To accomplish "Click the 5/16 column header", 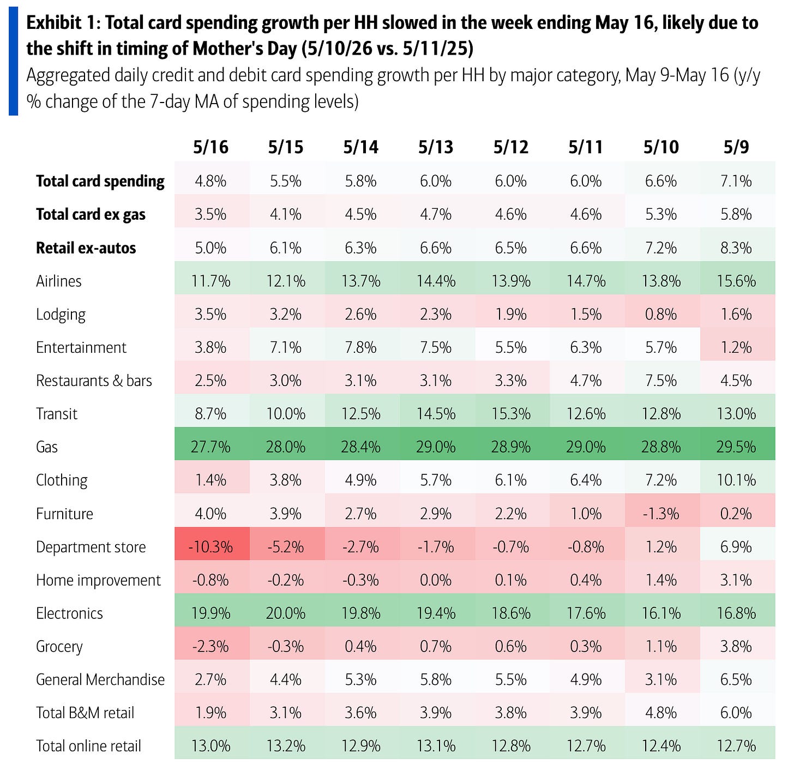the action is click(x=210, y=147).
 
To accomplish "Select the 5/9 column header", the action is click(x=736, y=147).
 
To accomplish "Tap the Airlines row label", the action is click(x=59, y=281).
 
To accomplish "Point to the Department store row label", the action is click(x=91, y=547).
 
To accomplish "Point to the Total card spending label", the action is click(x=100, y=181).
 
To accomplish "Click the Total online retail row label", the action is click(x=88, y=746).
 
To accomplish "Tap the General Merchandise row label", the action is click(x=100, y=679).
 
